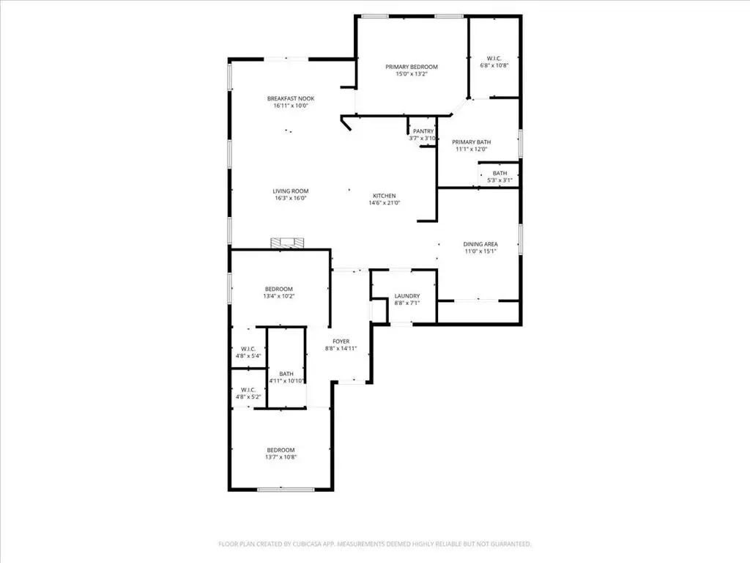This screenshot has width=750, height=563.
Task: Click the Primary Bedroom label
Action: tap(412, 67)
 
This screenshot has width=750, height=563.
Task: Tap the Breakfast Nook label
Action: tap(291, 99)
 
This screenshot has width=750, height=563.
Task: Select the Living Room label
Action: tap(291, 191)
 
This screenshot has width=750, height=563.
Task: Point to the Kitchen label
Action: tap(384, 196)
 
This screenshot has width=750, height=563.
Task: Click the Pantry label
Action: tap(423, 131)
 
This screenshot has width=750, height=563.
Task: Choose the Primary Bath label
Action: tap(471, 142)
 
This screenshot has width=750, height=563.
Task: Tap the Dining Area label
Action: tap(480, 244)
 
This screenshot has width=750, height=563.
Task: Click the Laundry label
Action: tap(407, 296)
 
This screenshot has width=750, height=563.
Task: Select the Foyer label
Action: tap(341, 342)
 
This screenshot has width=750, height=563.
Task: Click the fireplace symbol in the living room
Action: tap(287, 243)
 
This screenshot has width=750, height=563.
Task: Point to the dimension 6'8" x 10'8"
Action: tap(494, 65)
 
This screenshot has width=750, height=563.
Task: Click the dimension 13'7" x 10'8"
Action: tap(281, 457)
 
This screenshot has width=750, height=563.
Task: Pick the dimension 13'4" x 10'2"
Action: tap(279, 296)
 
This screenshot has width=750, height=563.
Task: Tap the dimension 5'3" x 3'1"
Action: tap(500, 180)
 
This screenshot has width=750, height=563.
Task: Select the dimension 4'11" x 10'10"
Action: tap(287, 381)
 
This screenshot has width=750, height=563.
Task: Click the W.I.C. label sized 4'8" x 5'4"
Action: tap(248, 349)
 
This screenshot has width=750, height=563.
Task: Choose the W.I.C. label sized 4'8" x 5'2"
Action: tap(248, 390)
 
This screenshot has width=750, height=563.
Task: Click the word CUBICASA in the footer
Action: tap(313, 545)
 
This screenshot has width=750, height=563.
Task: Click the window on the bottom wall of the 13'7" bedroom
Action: tap(286, 489)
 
